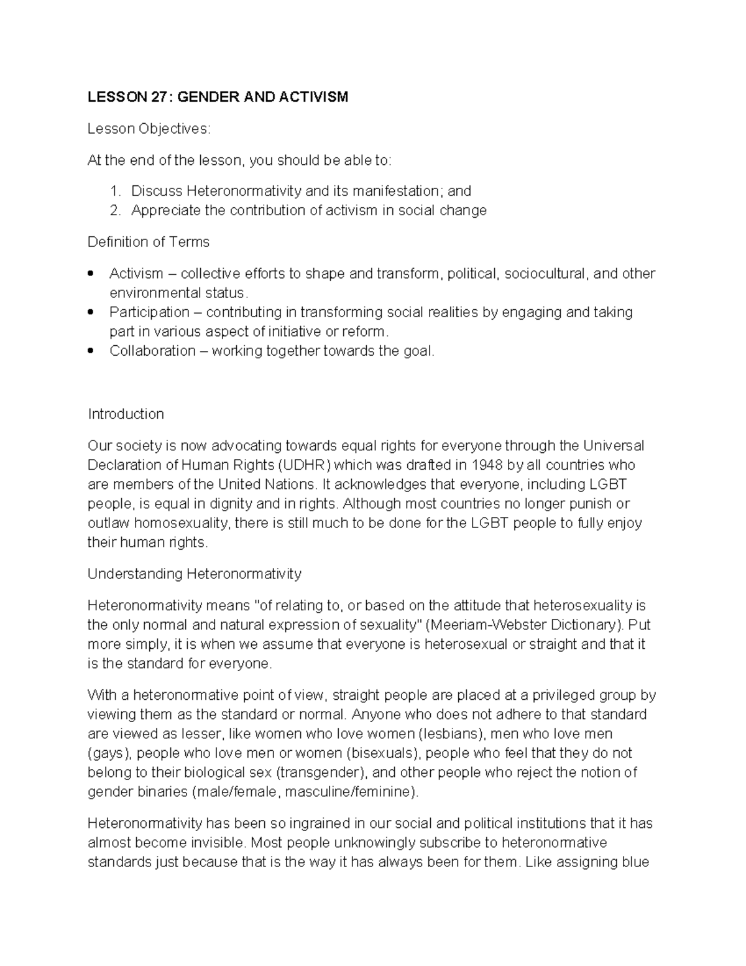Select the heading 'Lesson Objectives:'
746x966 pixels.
(149, 129)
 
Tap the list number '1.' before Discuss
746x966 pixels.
(115, 191)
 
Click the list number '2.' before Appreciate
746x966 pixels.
(115, 210)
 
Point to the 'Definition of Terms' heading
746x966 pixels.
(149, 242)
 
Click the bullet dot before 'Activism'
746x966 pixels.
(91, 273)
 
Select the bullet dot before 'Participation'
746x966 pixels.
(91, 312)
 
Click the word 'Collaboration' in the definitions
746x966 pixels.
(152, 351)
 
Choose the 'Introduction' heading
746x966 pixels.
(126, 414)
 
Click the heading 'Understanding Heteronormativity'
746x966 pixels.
(194, 574)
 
